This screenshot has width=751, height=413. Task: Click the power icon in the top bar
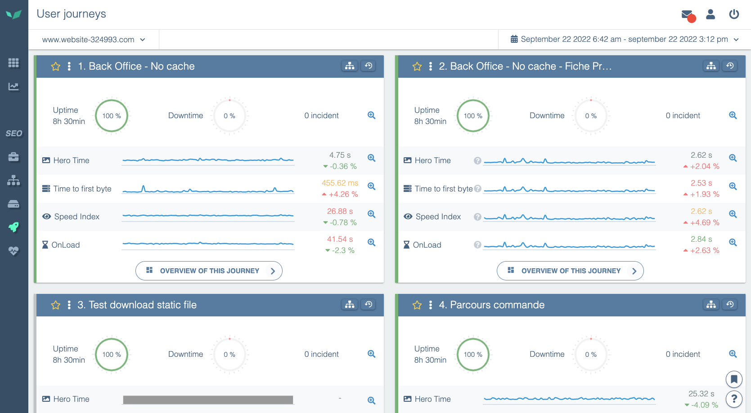(x=734, y=14)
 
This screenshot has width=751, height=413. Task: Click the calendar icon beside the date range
(x=514, y=39)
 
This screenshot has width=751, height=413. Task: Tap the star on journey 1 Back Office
(x=56, y=67)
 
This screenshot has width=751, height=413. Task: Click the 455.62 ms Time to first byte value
(x=340, y=183)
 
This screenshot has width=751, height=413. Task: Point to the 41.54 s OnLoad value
(x=340, y=239)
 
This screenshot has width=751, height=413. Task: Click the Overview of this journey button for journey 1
(x=209, y=271)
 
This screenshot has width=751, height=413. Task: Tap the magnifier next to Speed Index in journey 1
(x=371, y=214)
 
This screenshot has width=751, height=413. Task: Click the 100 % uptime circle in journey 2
(x=473, y=115)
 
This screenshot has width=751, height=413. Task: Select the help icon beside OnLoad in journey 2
(x=477, y=245)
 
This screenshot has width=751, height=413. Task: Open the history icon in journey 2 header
(x=730, y=66)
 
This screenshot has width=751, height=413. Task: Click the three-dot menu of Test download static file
(x=69, y=305)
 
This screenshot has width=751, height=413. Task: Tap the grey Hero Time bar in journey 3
(x=208, y=400)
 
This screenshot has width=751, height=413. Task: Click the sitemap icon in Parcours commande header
(x=711, y=305)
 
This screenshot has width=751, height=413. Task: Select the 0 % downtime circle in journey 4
(x=591, y=354)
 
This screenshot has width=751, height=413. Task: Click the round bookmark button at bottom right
(x=734, y=379)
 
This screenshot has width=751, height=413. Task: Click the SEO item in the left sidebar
(x=14, y=133)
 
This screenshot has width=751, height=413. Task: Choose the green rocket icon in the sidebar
(x=13, y=227)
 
